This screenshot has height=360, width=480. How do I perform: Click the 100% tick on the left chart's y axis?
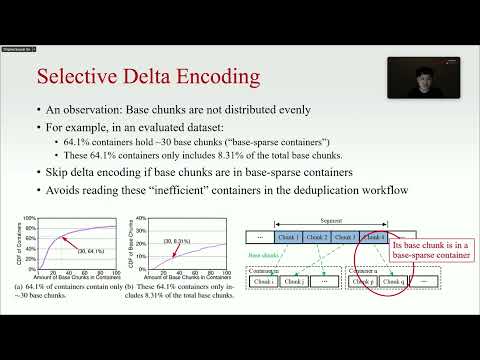[30, 218]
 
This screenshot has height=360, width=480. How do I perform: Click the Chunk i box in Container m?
[265, 282]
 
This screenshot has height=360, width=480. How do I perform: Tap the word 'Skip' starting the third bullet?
[54, 172]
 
